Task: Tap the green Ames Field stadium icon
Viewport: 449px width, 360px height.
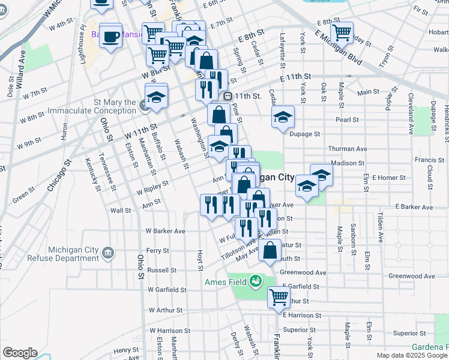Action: pyautogui.click(x=256, y=280)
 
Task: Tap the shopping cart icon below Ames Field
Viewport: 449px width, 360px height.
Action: pyautogui.click(x=279, y=296)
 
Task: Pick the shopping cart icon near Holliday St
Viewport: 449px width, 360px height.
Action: pyautogui.click(x=342, y=32)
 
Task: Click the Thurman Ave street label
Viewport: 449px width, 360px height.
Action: pyautogui.click(x=347, y=148)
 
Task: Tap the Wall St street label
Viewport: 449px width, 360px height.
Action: pyautogui.click(x=120, y=211)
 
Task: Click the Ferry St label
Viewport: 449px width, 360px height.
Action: pyautogui.click(x=157, y=250)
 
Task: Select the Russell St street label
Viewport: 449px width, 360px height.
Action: pyautogui.click(x=161, y=270)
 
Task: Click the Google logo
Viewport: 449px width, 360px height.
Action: pyautogui.click(x=20, y=353)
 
